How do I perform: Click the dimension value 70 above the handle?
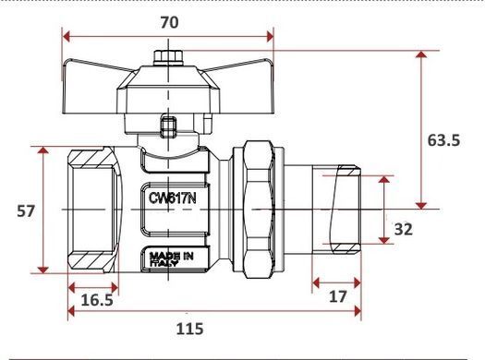coord(169,22)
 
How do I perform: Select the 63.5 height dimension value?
coord(443,140)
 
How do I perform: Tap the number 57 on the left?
coord(26,211)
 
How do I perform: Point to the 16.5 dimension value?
coord(97,300)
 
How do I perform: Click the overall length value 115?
coord(189,329)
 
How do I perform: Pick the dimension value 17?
coord(337,297)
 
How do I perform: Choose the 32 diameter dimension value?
coord(404,230)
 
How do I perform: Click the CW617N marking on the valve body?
coord(172,198)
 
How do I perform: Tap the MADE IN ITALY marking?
coord(171,259)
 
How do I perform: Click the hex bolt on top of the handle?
coord(168,58)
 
